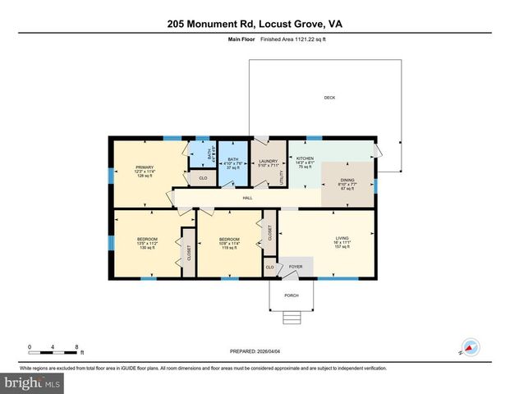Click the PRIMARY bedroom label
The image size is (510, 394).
145,167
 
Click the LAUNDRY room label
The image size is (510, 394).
269,161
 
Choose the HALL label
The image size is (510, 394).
247,197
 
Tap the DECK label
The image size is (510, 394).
329,98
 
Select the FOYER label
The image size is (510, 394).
296,267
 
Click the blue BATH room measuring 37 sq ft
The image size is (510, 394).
232,163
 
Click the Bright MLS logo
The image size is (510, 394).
31,383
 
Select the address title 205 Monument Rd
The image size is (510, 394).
255,25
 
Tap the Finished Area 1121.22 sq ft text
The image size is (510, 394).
292,39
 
